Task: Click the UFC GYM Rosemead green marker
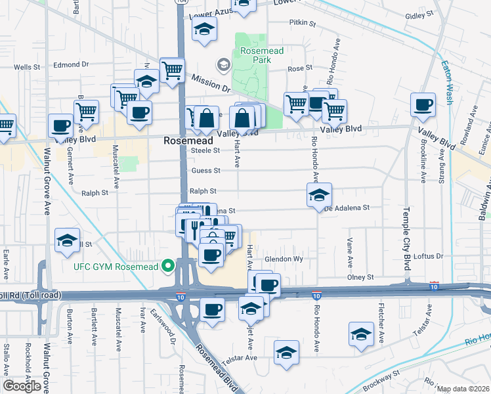click(168, 266)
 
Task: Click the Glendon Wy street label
click(284, 259)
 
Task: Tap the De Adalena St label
click(348, 208)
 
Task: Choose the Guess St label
click(206, 171)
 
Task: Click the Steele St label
click(204, 150)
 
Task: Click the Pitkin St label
click(303, 23)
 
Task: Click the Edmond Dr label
click(71, 64)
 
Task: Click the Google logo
click(22, 386)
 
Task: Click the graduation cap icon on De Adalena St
click(319, 195)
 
